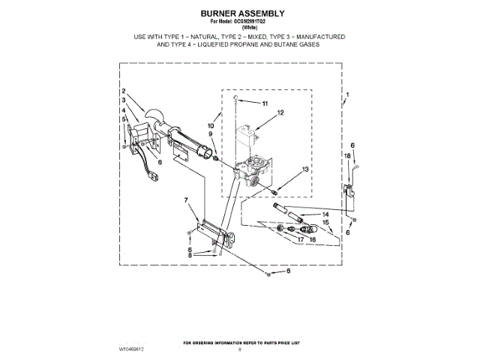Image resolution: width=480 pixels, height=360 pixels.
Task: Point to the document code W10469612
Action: click(133, 349)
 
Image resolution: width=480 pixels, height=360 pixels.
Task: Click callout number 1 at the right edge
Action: click(346, 96)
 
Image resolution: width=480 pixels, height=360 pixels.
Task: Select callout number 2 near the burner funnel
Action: click(123, 93)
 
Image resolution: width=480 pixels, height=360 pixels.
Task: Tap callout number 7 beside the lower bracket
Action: click(184, 199)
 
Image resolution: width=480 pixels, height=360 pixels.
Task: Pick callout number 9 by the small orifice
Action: click(211, 134)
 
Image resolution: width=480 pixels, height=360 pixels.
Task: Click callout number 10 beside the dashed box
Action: click(211, 126)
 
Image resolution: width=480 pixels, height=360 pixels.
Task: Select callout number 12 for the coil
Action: click(280, 113)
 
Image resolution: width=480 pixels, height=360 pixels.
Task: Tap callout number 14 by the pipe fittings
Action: click(325, 214)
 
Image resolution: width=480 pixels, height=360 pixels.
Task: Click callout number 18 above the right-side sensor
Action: click(346, 155)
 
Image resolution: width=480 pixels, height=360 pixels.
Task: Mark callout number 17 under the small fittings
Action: click(300, 239)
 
